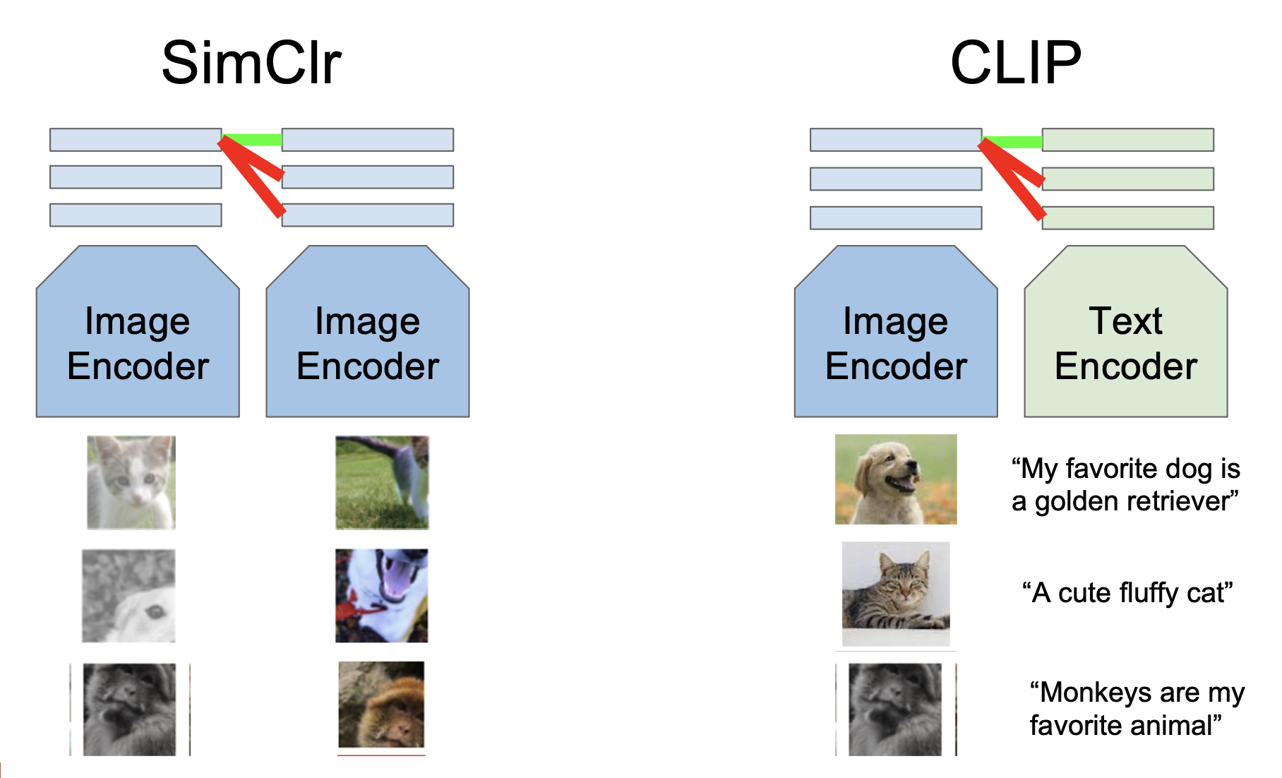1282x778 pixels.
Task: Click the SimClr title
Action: click(x=251, y=64)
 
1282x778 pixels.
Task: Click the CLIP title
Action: click(x=1015, y=64)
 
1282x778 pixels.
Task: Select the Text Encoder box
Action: click(x=1125, y=343)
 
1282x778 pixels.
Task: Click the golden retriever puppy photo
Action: click(x=896, y=479)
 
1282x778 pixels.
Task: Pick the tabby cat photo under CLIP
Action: click(x=896, y=593)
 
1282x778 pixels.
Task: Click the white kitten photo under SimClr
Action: click(x=131, y=482)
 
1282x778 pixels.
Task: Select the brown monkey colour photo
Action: click(x=381, y=704)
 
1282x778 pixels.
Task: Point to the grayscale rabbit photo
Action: click(x=128, y=596)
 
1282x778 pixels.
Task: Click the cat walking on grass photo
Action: click(x=382, y=482)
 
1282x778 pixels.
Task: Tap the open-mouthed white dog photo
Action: click(x=381, y=596)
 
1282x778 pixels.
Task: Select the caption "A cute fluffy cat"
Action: click(x=1127, y=593)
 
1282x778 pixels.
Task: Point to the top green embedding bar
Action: click(x=1127, y=140)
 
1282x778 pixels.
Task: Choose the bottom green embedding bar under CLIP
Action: click(x=1127, y=217)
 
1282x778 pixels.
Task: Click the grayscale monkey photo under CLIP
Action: click(x=895, y=709)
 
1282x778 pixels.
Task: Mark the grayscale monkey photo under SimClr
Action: click(x=130, y=709)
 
